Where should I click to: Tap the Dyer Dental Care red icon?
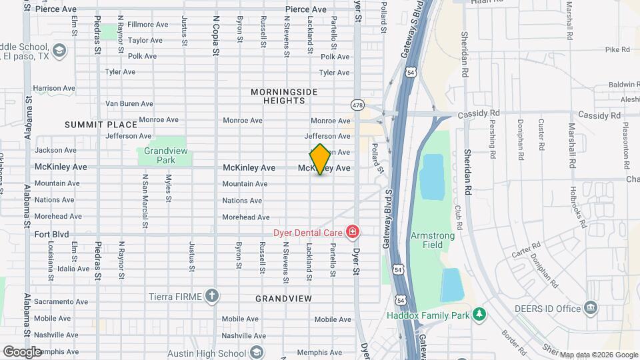click(x=352, y=232)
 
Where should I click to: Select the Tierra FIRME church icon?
click(x=212, y=295)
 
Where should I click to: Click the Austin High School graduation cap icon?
click(x=256, y=353)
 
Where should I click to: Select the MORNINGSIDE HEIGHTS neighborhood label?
click(x=284, y=96)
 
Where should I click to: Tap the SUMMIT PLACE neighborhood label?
click(x=101, y=125)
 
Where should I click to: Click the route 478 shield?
click(x=357, y=105)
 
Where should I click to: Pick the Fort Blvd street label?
click(x=52, y=235)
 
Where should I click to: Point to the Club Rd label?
click(x=459, y=213)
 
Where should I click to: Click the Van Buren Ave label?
click(x=129, y=103)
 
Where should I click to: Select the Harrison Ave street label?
click(x=54, y=88)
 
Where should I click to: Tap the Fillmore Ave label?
click(x=147, y=25)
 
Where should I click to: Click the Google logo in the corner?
click(x=22, y=351)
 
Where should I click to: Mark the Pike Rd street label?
click(x=617, y=49)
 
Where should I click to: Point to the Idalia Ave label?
click(x=73, y=269)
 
